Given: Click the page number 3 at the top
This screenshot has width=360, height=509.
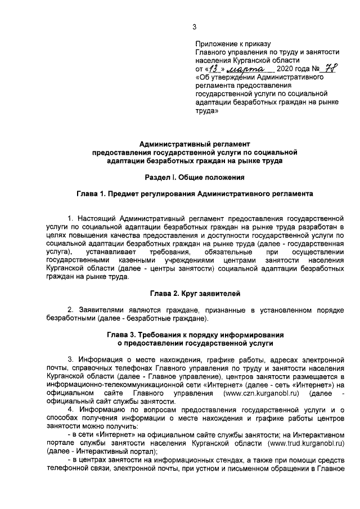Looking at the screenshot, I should (194, 26).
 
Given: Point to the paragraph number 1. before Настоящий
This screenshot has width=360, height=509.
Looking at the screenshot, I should (70, 217).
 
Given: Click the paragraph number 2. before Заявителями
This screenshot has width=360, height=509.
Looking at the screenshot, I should (70, 310).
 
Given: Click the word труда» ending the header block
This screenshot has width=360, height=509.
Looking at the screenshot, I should (206, 111).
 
